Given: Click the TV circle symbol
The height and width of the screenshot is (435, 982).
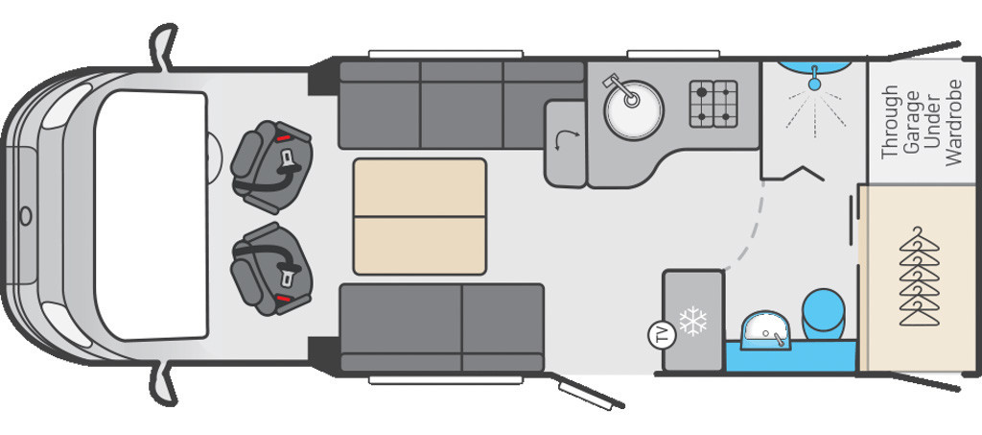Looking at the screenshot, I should tap(659, 335).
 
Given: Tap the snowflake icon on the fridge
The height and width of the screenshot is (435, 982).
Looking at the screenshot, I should tap(691, 322).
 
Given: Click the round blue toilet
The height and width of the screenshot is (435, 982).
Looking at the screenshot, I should tap(822, 312).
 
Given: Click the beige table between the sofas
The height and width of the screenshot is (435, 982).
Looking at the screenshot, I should tap(420, 216).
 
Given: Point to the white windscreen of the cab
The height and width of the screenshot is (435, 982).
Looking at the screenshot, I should tap(152, 215).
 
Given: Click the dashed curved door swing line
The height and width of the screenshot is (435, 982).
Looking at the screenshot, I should tap(753, 230).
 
